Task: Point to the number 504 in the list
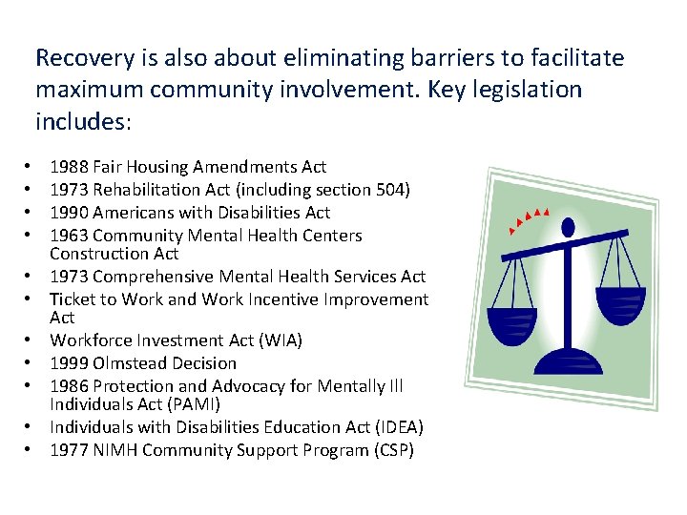click(387, 190)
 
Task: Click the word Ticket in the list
click(73, 299)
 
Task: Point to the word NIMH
click(114, 450)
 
